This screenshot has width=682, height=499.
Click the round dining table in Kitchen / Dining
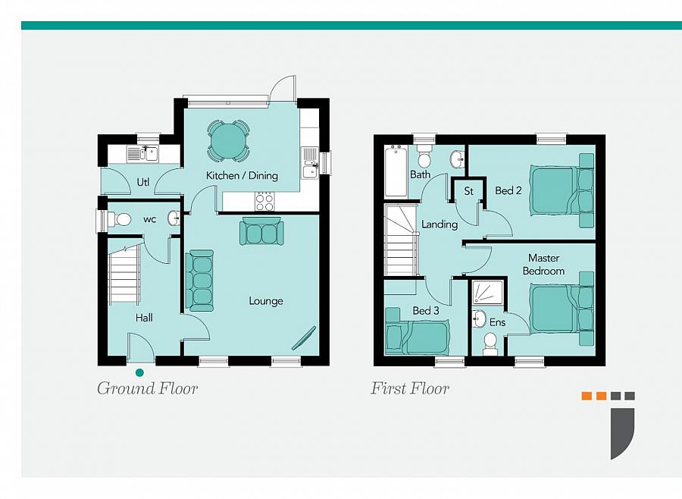[x=228, y=140]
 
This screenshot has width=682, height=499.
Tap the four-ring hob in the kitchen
[x=264, y=202]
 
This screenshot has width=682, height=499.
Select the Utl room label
[x=143, y=181]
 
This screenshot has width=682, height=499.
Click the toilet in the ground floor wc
[x=119, y=219]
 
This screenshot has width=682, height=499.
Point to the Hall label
[x=144, y=318]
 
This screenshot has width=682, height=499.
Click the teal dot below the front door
[x=139, y=372]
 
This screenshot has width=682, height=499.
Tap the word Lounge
[x=266, y=301]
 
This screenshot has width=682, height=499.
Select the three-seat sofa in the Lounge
[x=199, y=281]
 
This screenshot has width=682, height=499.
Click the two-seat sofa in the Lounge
[x=261, y=231]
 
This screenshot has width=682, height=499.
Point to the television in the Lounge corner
[x=304, y=338]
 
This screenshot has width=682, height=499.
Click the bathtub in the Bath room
[x=396, y=171]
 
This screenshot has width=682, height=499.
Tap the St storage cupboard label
[x=468, y=191]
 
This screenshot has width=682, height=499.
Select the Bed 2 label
[x=508, y=190]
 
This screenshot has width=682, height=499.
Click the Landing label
[x=440, y=224]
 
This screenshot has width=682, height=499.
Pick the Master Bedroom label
[x=543, y=265]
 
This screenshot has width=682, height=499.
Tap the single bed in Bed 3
[x=417, y=337]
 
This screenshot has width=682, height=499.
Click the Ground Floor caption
[x=148, y=388]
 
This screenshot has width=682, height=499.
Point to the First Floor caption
[x=410, y=388]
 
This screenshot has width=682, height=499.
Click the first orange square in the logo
[x=587, y=396]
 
